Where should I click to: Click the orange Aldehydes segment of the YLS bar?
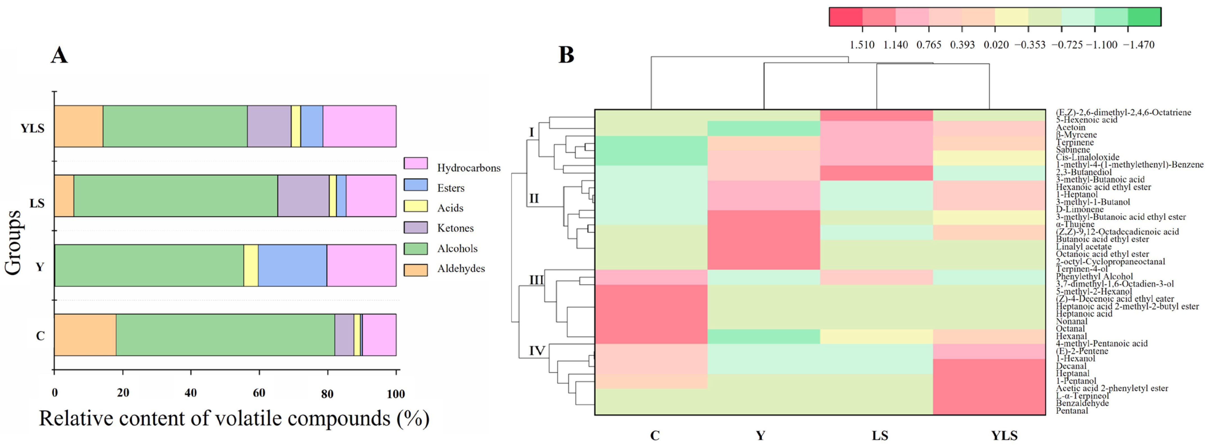click(x=79, y=126)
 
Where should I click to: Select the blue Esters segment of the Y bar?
click(x=292, y=266)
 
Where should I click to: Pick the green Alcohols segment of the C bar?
click(x=225, y=335)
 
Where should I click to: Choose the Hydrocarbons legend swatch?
click(x=415, y=163)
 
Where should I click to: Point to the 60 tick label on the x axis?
click(x=259, y=393)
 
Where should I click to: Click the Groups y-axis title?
click(x=13, y=242)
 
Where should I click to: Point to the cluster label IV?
click(x=537, y=351)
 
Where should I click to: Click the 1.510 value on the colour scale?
click(x=862, y=45)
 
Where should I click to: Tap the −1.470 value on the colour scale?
click(x=1139, y=45)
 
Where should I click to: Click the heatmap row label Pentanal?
click(x=1072, y=411)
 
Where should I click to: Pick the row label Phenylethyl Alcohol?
click(x=1094, y=277)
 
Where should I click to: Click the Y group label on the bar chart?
click(x=40, y=267)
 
